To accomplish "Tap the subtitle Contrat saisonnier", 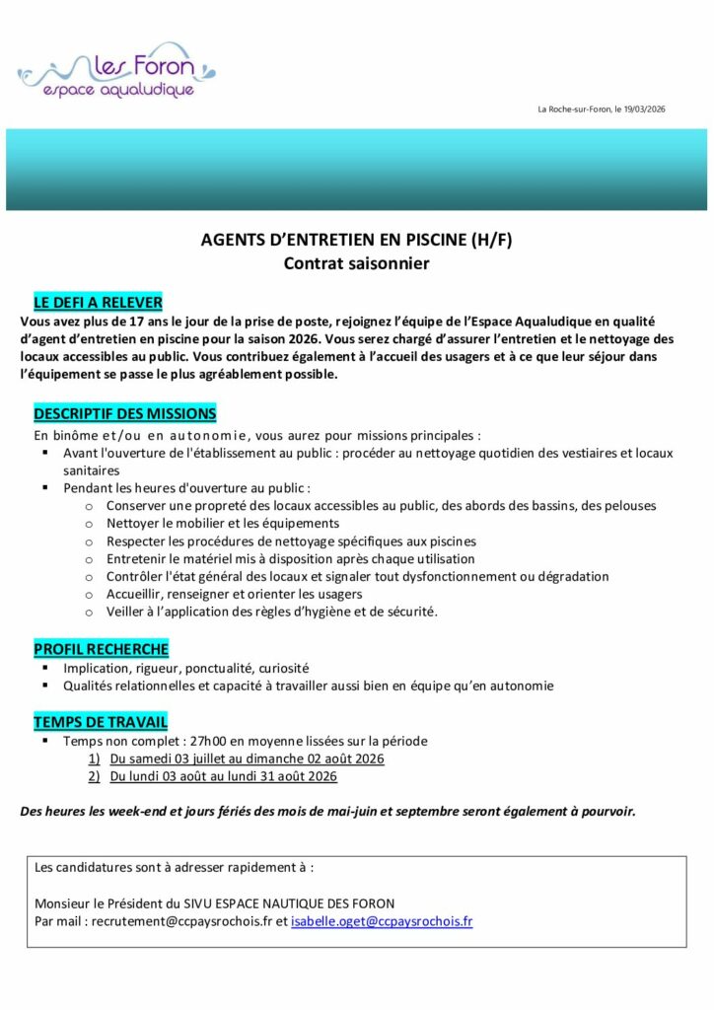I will click(356, 263).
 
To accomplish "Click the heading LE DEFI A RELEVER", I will click(98, 302).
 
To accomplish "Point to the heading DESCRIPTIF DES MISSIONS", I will click(124, 413).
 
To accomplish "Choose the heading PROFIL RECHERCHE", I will click(101, 648).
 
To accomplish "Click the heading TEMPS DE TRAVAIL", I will click(100, 722).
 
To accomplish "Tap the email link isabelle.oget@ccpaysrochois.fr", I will click(382, 922).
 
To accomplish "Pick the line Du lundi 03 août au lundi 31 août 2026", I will click(223, 776).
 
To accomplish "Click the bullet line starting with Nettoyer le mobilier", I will click(223, 523).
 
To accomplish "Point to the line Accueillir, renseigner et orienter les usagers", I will click(234, 594).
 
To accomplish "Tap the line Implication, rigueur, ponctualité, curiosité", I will click(185, 667).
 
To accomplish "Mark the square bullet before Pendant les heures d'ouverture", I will click(45, 488).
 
